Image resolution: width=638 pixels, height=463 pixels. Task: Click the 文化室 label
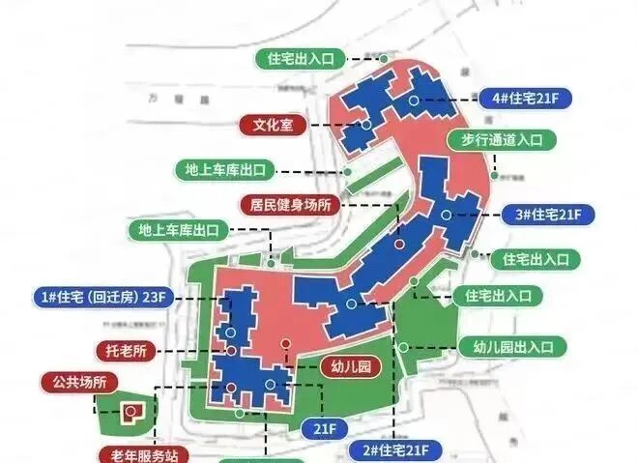pos(273,125)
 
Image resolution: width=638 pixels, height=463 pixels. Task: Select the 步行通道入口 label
pos(497,140)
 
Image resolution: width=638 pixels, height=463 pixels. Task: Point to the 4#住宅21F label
pos(532,99)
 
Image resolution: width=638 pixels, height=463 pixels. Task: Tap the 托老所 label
pos(126,349)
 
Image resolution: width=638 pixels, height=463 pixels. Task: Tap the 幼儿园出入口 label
pos(518,347)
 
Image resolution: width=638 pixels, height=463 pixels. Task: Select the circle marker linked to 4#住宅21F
pos(414,100)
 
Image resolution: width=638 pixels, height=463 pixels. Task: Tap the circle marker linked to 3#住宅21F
pos(447,214)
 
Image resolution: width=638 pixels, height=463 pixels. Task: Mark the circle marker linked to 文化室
pos(367,125)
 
